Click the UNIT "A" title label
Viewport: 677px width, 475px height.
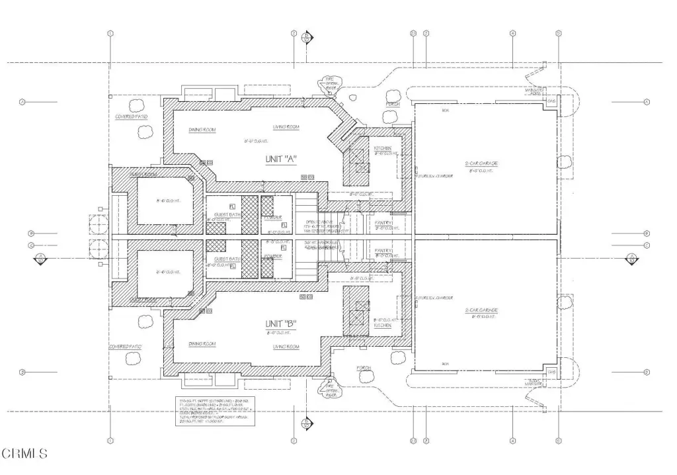coord(282,158)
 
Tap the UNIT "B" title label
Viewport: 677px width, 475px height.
coord(280,324)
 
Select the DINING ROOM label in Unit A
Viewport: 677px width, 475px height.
coord(202,130)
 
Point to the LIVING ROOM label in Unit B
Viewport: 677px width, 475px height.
coord(286,347)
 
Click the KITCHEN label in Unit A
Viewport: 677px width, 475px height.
coord(383,148)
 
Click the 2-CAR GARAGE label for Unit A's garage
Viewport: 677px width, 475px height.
coord(480,163)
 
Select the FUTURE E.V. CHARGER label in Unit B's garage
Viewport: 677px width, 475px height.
coord(434,297)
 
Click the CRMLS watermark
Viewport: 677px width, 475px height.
coord(25,454)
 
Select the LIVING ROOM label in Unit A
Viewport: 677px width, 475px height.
coord(286,126)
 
